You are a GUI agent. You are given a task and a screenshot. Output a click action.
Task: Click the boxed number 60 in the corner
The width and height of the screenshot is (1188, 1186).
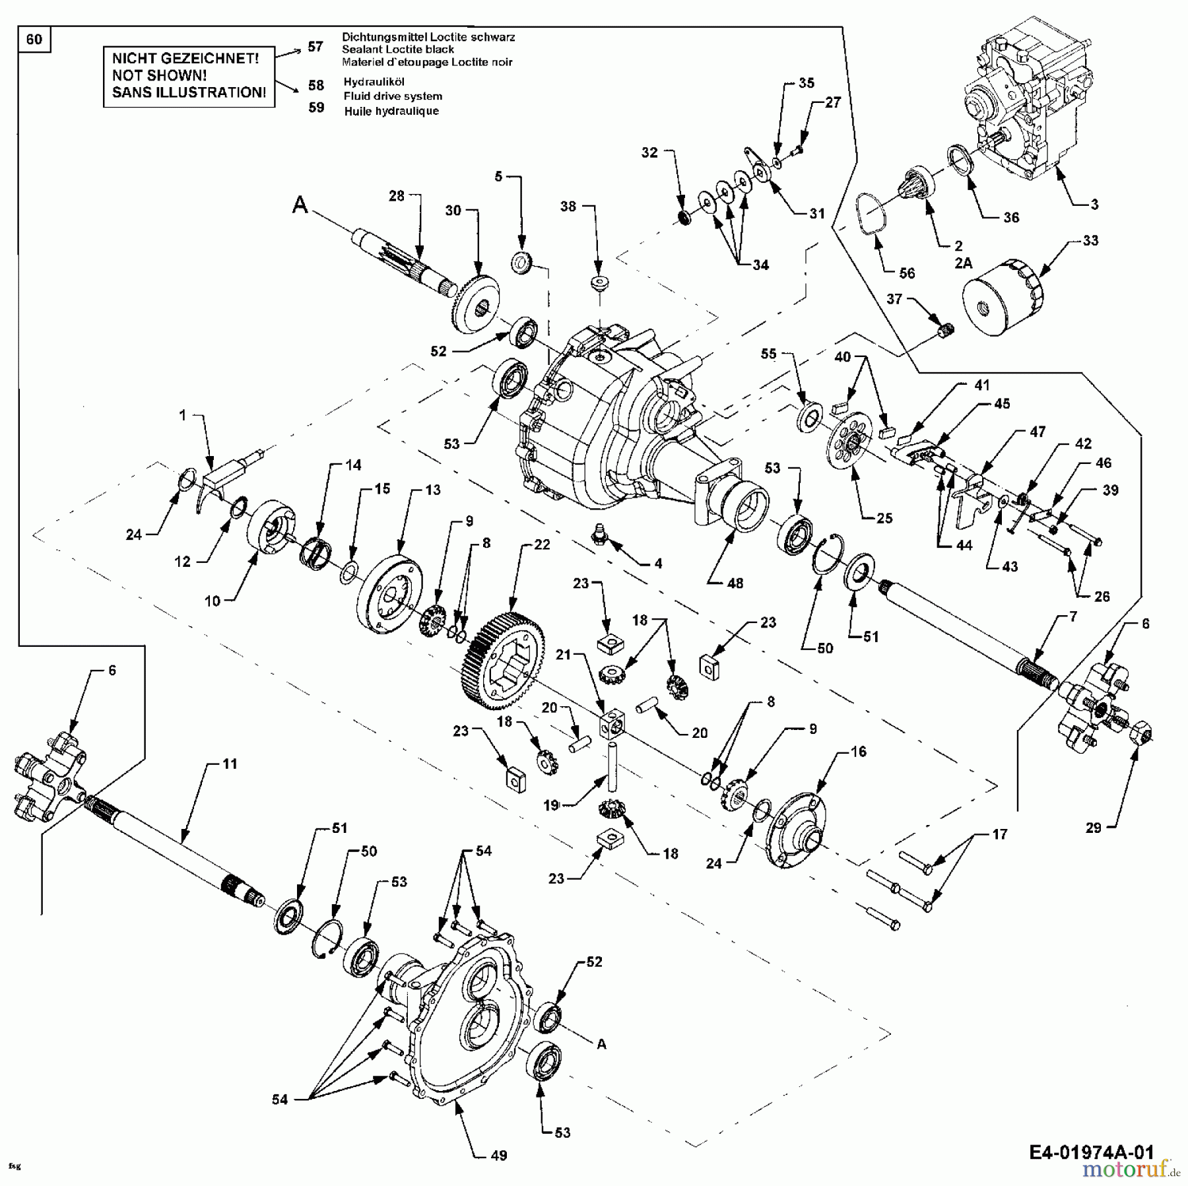tap(34, 40)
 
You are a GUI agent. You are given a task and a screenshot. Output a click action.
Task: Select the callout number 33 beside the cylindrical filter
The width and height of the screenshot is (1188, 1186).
tap(1090, 240)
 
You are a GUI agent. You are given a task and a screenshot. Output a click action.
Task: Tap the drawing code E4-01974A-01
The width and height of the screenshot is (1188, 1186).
tap(1091, 1152)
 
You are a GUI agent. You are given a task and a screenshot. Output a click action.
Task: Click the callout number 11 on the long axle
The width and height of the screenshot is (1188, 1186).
tap(229, 764)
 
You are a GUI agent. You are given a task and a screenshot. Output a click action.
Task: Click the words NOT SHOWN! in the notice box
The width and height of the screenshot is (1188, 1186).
tap(159, 75)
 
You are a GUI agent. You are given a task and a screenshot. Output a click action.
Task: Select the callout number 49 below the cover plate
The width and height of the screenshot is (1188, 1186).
tap(499, 1155)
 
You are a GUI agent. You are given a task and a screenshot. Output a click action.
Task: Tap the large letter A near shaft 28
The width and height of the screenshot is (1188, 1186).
tap(300, 206)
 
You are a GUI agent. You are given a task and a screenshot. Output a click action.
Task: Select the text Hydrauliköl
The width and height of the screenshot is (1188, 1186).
tap(374, 82)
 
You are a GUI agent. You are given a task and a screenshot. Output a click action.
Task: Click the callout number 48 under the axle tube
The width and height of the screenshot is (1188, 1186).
tap(735, 583)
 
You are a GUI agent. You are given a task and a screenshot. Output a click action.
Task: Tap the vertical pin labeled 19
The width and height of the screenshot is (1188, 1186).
tap(612, 766)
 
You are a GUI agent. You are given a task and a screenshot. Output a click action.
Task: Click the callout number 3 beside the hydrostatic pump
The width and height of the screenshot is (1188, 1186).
tap(1094, 204)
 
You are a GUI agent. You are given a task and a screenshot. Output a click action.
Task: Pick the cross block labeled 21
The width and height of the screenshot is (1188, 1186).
tap(612, 724)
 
